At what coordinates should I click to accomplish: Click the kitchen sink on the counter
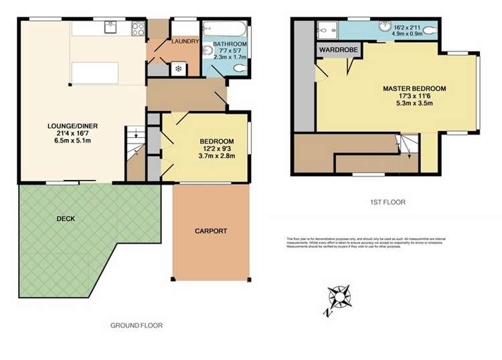point(110,28)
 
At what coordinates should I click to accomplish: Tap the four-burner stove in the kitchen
point(139,28)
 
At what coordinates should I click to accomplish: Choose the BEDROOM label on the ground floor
point(217,141)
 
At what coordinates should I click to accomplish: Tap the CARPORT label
point(211,231)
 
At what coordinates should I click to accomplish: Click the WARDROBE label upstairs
point(336,50)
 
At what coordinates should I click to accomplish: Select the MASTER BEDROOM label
point(414,88)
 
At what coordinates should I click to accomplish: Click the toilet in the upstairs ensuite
point(428,29)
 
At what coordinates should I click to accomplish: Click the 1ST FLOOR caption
point(387,201)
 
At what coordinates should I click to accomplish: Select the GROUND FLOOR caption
point(136,325)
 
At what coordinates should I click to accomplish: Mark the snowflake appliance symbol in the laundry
point(178,68)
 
